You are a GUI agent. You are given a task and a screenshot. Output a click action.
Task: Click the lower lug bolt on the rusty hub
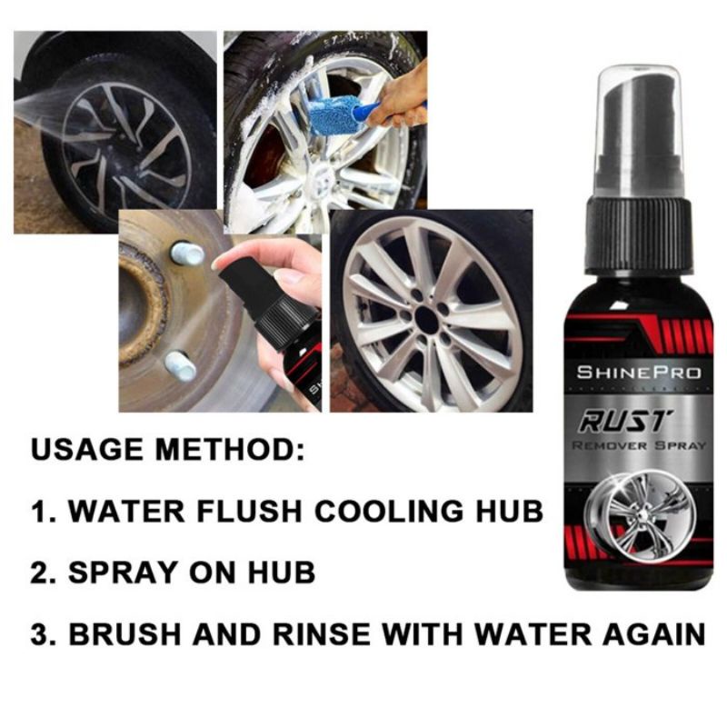point(181,366)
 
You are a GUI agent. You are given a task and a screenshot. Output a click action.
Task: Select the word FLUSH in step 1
point(266,511)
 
